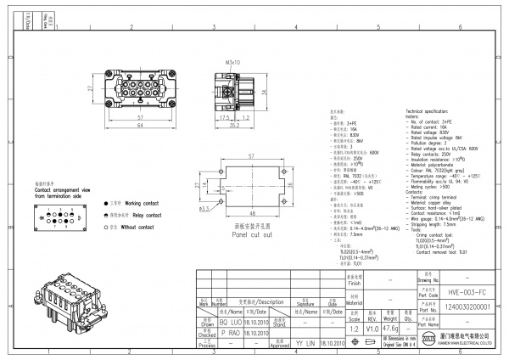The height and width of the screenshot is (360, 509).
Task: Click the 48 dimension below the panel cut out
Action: [252, 212]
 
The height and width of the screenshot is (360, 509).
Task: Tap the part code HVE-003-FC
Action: [462, 290]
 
